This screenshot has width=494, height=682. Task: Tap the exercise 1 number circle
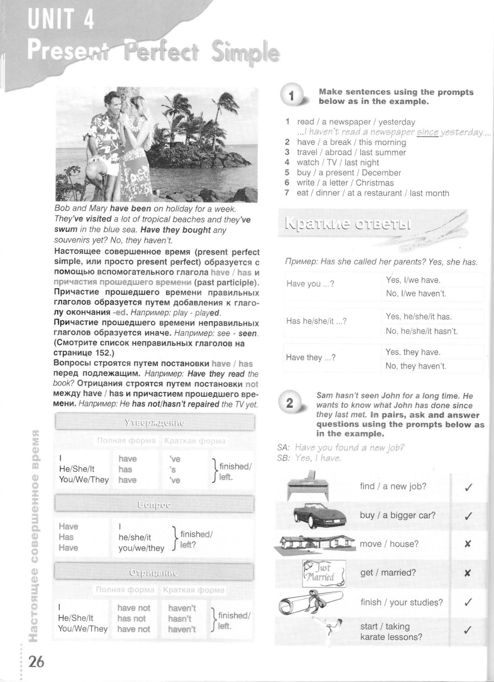(292, 96)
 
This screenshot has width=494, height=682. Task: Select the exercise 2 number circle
(290, 403)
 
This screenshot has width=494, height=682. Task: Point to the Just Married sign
(323, 573)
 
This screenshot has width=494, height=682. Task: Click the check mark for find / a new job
(468, 487)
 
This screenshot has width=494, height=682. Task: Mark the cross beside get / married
(468, 573)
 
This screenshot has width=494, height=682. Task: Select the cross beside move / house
(468, 544)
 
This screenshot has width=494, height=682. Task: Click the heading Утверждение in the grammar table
(155, 423)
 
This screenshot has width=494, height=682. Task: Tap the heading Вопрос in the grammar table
(155, 505)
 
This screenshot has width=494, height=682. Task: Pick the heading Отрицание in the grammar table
(155, 573)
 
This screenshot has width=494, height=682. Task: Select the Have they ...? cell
(311, 357)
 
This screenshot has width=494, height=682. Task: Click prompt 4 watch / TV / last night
(338, 162)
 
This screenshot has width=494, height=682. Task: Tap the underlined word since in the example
(428, 132)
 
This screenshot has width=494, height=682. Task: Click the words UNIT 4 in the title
(61, 21)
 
